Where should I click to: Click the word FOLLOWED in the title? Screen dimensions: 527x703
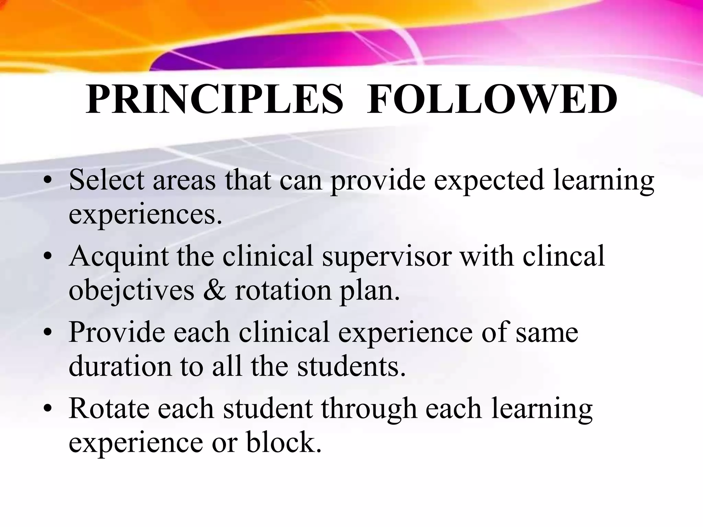(x=492, y=99)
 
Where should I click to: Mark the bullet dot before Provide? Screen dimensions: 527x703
(x=49, y=333)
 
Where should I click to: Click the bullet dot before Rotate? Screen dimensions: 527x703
(x=49, y=409)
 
